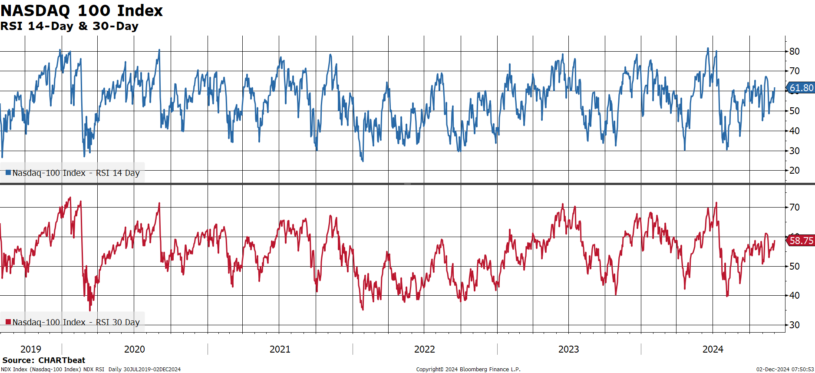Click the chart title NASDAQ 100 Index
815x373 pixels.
point(82,10)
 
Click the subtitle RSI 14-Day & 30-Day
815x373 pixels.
point(69,26)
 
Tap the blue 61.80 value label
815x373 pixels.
point(801,88)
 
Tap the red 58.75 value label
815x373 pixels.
point(801,241)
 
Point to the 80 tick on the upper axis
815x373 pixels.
point(794,51)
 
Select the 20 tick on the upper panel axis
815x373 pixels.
point(794,170)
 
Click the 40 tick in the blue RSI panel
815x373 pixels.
point(794,131)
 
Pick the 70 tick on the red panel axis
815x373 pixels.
point(794,207)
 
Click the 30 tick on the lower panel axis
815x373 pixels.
point(794,325)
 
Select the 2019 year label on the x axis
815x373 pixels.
point(31,349)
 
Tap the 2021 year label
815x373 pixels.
point(280,349)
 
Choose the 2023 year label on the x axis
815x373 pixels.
point(569,349)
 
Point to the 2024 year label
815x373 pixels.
point(713,349)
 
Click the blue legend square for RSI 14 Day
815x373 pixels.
point(8,173)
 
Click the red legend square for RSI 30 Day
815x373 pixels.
point(8,322)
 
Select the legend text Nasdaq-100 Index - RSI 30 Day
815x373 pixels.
point(76,322)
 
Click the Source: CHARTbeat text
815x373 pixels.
point(44,360)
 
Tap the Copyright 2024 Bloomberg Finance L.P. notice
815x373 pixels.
point(468,370)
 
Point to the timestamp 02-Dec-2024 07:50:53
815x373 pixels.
point(785,370)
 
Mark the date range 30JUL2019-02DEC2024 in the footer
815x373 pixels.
point(152,370)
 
